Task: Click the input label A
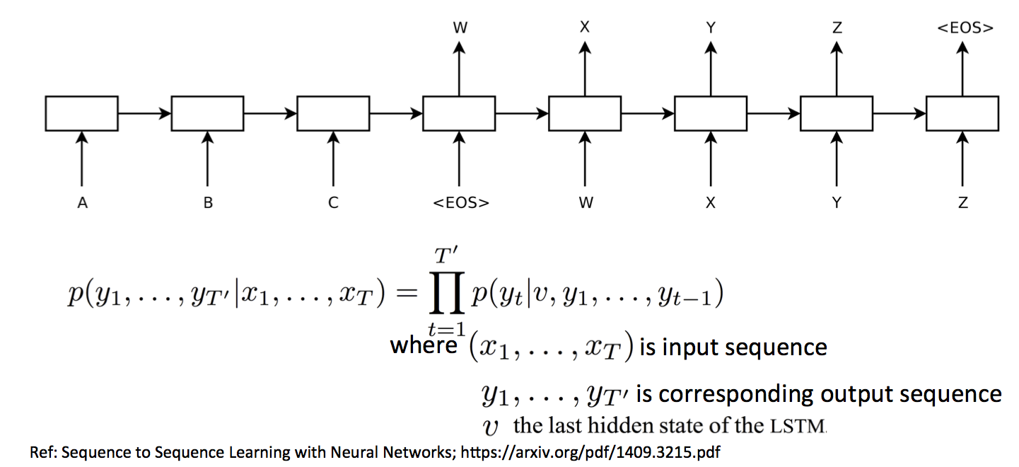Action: pos(82,203)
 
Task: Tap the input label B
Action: pos(208,203)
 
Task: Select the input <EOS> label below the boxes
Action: pos(460,203)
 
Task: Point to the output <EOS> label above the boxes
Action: pos(965,28)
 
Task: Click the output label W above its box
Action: pos(460,28)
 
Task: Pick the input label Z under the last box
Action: pos(962,203)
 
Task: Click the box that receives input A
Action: pos(82,113)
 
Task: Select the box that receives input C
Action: pos(333,113)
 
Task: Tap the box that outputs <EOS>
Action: pos(962,113)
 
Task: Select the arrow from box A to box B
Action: pos(144,113)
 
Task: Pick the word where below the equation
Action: pos(424,346)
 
